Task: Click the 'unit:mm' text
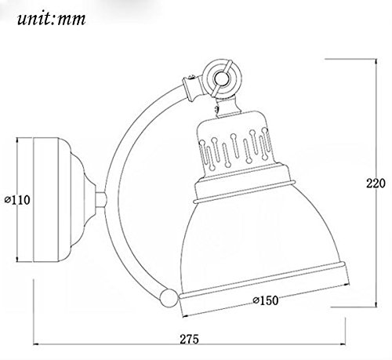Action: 52,19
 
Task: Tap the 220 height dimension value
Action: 376,184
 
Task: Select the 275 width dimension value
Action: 189,339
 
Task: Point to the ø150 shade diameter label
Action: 266,300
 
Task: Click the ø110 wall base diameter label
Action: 17,200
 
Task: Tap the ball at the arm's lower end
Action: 169,297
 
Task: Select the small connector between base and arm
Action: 100,200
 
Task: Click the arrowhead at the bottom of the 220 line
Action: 376,304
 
